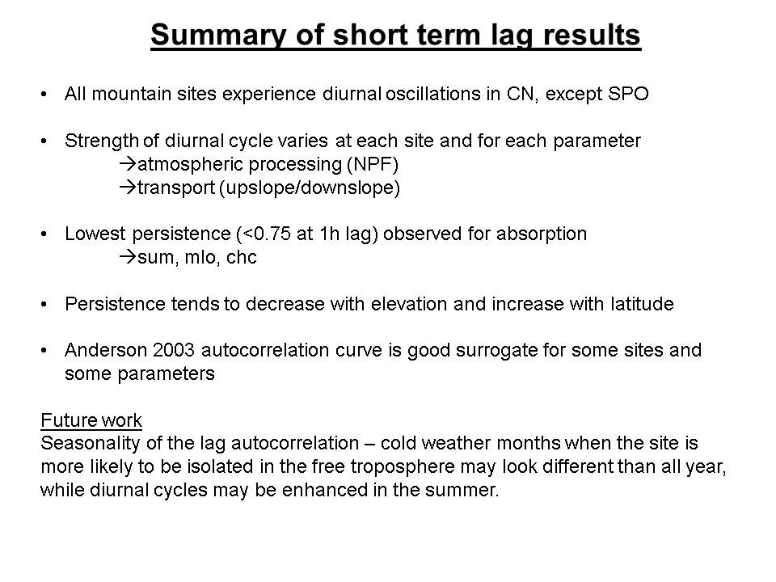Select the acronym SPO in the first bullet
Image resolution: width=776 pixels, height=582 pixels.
628,94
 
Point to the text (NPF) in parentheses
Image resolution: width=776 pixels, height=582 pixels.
373,164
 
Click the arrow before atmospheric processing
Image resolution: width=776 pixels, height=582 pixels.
128,164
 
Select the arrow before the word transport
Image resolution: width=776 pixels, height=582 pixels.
128,187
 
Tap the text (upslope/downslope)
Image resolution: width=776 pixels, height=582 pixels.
310,188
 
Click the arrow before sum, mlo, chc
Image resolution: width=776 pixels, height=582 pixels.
128,257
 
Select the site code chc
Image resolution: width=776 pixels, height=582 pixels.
242,257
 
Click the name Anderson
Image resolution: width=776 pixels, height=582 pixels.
106,350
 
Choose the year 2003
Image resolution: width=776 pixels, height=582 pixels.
174,350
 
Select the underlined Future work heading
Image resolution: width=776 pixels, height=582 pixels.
91,420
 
